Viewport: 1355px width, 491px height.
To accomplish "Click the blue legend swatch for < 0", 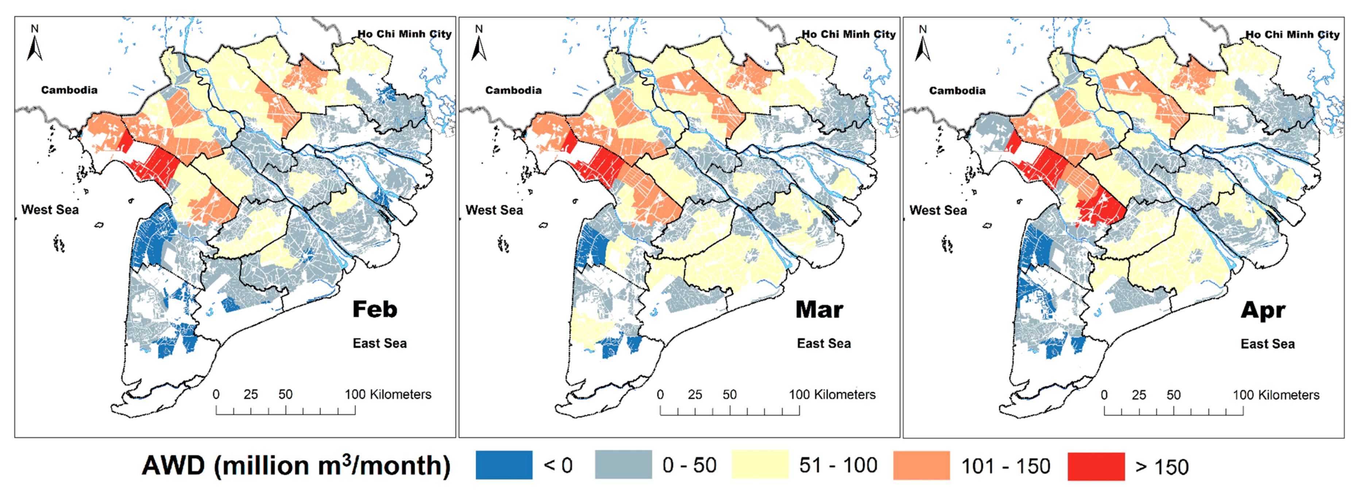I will tap(503, 465).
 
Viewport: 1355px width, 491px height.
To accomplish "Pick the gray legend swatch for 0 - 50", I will tap(623, 465).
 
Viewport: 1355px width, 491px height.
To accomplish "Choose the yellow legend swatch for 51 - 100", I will tap(760, 465).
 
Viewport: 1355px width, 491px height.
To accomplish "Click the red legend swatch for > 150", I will tap(1096, 466).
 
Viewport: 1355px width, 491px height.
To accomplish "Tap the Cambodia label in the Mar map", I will tap(513, 90).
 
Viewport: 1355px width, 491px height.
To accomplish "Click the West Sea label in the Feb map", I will tap(50, 210).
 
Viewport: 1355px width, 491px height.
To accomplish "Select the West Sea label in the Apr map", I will tap(938, 210).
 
